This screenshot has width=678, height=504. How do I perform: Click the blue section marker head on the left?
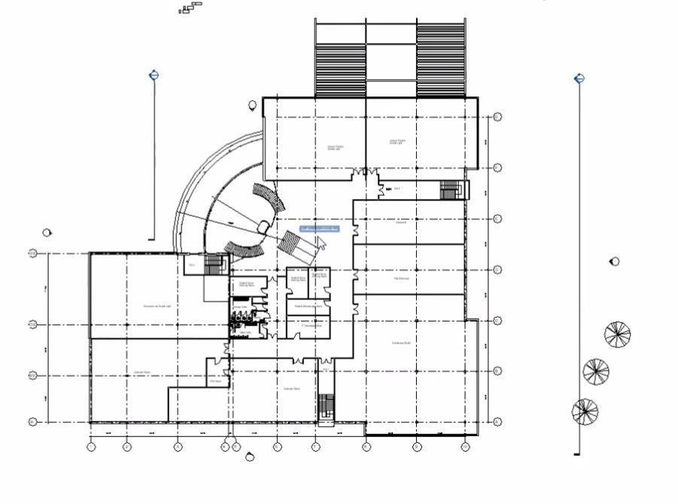154,75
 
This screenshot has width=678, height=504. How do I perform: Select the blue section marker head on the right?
579,78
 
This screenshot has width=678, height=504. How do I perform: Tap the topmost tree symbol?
617,334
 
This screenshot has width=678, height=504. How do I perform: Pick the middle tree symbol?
596,371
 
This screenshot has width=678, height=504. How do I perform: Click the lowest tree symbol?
585,411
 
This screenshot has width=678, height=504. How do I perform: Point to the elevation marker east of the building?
615,262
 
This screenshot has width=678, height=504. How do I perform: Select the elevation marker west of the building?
47,233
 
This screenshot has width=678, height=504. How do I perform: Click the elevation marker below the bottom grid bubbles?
251,457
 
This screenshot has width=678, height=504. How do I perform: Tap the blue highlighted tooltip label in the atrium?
320,229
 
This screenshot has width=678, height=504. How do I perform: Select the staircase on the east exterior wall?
451,189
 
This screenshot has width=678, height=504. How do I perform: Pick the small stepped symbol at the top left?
191,8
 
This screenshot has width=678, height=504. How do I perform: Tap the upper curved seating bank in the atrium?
269,199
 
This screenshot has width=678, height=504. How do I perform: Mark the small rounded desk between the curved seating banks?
263,226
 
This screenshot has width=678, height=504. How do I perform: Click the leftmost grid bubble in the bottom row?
91,447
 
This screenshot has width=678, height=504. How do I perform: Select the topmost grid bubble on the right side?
497,118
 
